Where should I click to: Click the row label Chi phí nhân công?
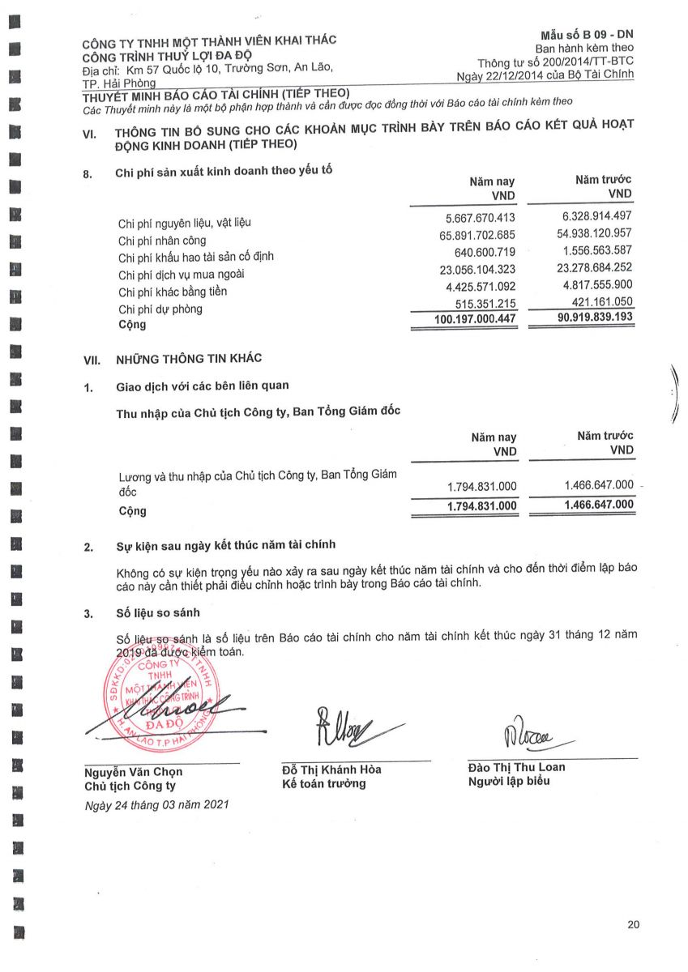162,241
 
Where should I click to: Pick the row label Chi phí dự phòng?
160,309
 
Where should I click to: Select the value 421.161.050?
596,301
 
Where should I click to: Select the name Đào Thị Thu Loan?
517,767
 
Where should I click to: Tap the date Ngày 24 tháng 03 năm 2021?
157,805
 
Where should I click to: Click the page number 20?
633,925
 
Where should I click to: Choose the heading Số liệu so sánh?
158,613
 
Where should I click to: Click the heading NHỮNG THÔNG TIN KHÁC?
189,358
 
